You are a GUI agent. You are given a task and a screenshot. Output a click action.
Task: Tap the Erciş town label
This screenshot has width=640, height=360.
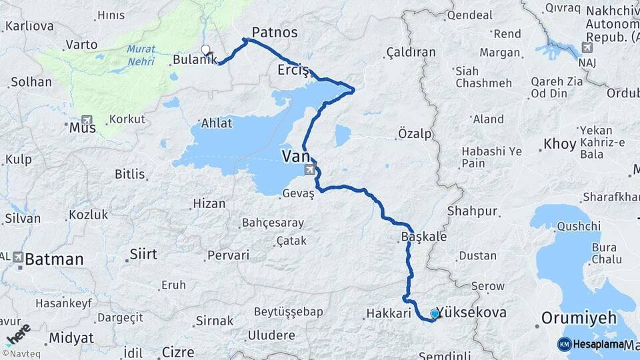(x=293, y=69)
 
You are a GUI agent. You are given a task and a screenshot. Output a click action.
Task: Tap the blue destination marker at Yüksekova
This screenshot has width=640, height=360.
(x=435, y=313)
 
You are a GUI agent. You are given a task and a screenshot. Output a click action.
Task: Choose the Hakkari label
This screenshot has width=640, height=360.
(x=385, y=313)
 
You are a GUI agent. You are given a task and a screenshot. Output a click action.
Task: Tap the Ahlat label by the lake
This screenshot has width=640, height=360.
(x=217, y=123)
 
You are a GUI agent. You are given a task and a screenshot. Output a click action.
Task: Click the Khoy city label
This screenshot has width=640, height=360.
(x=559, y=143)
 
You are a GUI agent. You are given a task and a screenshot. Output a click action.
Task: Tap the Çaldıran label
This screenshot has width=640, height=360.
(x=411, y=52)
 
